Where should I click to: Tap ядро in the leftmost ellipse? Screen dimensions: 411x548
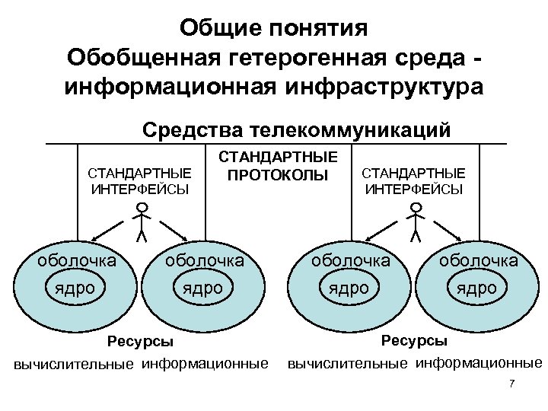click(75, 288)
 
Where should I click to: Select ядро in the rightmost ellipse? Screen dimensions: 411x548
click(476, 288)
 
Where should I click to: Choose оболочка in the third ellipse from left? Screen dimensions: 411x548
click(351, 260)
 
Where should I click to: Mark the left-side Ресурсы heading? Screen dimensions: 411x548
click(140, 341)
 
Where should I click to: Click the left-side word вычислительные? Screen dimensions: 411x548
click(75, 364)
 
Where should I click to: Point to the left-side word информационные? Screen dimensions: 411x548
click(205, 362)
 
